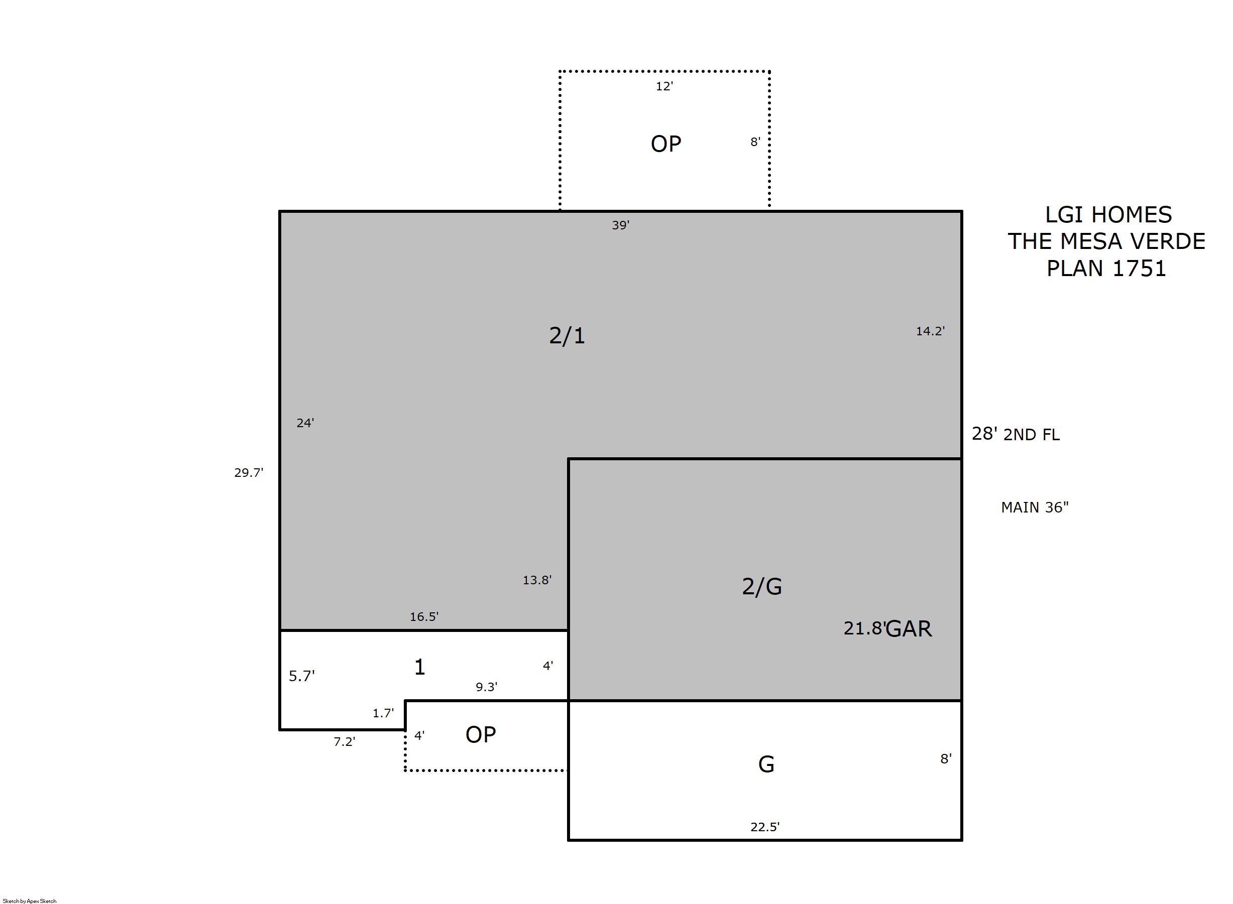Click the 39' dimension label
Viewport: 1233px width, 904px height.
click(620, 225)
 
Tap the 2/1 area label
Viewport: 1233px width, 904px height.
click(567, 335)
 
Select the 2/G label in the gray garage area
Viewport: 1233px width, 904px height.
click(761, 586)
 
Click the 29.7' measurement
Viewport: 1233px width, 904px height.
click(249, 472)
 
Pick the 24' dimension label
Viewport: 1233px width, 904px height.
click(305, 423)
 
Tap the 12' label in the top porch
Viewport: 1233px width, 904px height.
click(664, 86)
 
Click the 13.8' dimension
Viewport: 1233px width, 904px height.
click(537, 580)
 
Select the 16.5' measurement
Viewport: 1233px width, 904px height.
click(424, 616)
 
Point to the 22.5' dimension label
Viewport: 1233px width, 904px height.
click(765, 826)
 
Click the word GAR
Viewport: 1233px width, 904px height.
click(909, 629)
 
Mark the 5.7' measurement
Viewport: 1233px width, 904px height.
click(302, 676)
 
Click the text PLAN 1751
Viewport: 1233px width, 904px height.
click(1106, 268)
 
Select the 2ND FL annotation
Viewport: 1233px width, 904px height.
click(1032, 435)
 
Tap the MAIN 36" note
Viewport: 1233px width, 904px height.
click(1035, 507)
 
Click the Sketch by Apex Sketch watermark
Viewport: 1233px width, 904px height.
click(30, 900)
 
